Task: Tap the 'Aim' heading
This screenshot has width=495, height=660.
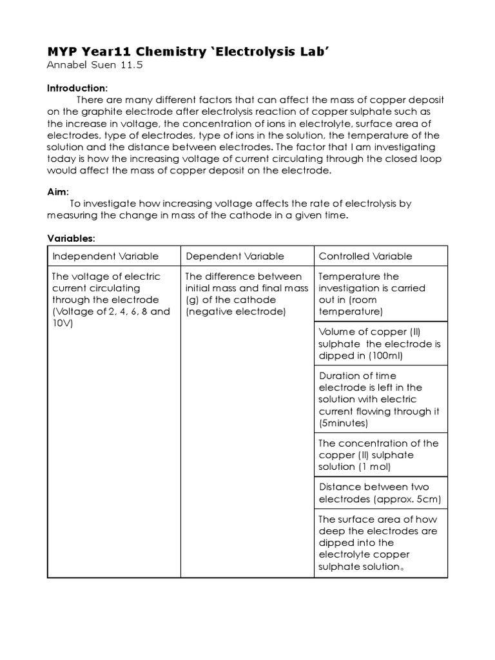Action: click(57, 191)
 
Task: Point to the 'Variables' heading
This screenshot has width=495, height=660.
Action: click(71, 238)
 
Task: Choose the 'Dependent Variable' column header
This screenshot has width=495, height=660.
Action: click(235, 256)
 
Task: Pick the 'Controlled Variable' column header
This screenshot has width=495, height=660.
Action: click(365, 256)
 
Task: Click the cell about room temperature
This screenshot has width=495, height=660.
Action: click(380, 294)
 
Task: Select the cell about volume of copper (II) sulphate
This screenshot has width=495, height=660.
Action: click(380, 344)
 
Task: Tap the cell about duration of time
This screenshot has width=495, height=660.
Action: click(380, 399)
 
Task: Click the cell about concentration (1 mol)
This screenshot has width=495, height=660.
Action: click(380, 454)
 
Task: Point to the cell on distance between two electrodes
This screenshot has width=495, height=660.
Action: click(380, 493)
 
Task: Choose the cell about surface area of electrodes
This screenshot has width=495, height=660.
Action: click(380, 543)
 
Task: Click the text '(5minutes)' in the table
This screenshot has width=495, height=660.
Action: click(344, 423)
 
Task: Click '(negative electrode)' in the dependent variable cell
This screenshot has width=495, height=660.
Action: click(235, 312)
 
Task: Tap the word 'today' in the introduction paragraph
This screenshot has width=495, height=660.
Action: click(61, 159)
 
